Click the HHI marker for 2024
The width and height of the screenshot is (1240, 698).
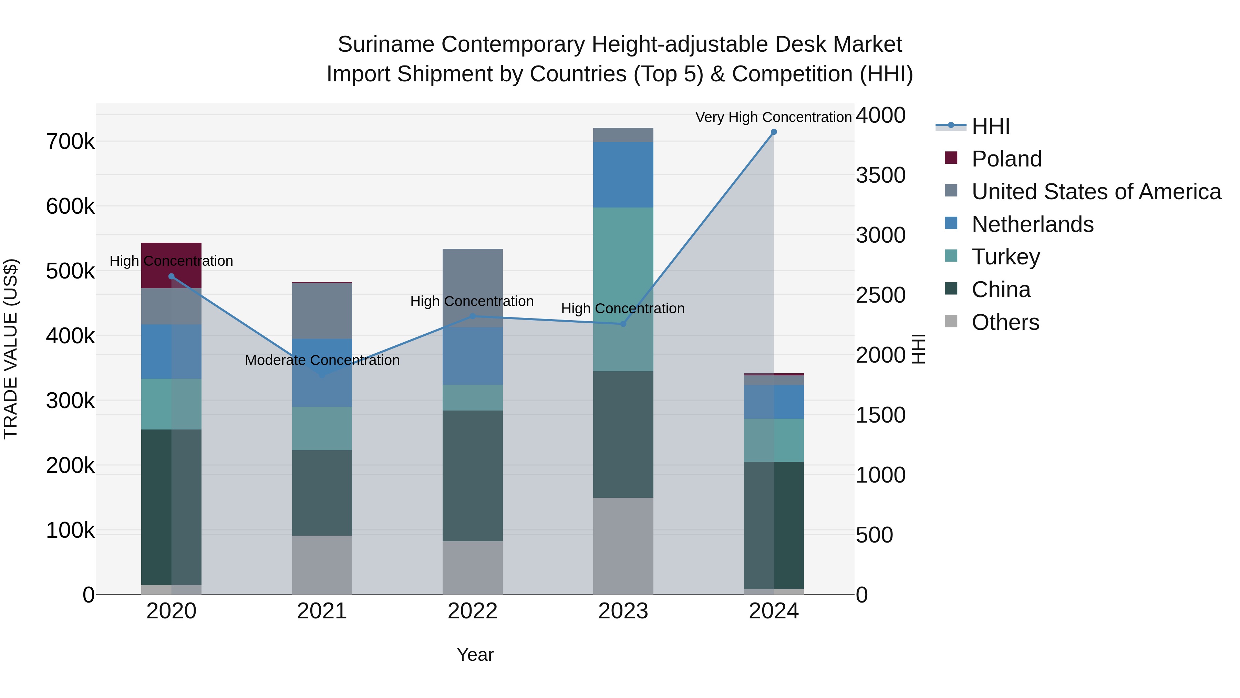(x=774, y=132)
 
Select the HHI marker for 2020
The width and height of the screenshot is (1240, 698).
(x=172, y=276)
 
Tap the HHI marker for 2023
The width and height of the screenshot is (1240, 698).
(x=623, y=324)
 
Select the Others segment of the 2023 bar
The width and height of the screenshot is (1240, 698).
(x=623, y=546)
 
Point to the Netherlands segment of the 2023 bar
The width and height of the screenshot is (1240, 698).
(x=623, y=174)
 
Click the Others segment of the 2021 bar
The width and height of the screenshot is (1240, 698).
(x=322, y=565)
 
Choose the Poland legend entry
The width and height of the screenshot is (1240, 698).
(x=1006, y=159)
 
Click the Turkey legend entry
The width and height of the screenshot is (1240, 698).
(x=1005, y=257)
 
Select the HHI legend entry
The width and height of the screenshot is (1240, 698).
(x=990, y=126)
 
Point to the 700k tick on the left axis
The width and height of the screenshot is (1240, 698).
(x=70, y=142)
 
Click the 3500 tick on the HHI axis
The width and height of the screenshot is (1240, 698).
(x=880, y=175)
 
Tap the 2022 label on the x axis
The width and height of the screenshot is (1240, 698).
(x=472, y=611)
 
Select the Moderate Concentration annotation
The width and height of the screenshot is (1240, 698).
(x=322, y=360)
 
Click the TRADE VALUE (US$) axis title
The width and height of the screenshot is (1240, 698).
(x=11, y=349)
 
